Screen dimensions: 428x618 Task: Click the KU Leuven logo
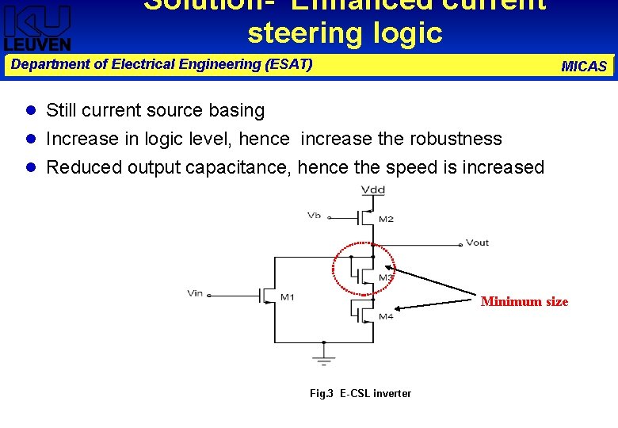(37, 27)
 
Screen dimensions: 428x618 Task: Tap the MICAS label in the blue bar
(583, 67)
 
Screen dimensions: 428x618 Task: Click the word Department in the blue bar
(47, 64)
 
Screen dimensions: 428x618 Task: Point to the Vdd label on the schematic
(373, 189)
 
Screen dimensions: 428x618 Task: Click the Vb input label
(315, 215)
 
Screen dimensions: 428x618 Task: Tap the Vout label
(477, 243)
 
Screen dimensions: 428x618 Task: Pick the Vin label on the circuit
(195, 293)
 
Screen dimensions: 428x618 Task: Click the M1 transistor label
(286, 297)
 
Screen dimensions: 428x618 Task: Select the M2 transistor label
(385, 220)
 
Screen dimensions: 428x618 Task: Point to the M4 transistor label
(385, 317)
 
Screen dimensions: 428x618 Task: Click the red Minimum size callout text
(524, 301)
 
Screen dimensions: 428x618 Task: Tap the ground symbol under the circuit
(324, 355)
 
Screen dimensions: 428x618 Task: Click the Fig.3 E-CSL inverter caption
(360, 393)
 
